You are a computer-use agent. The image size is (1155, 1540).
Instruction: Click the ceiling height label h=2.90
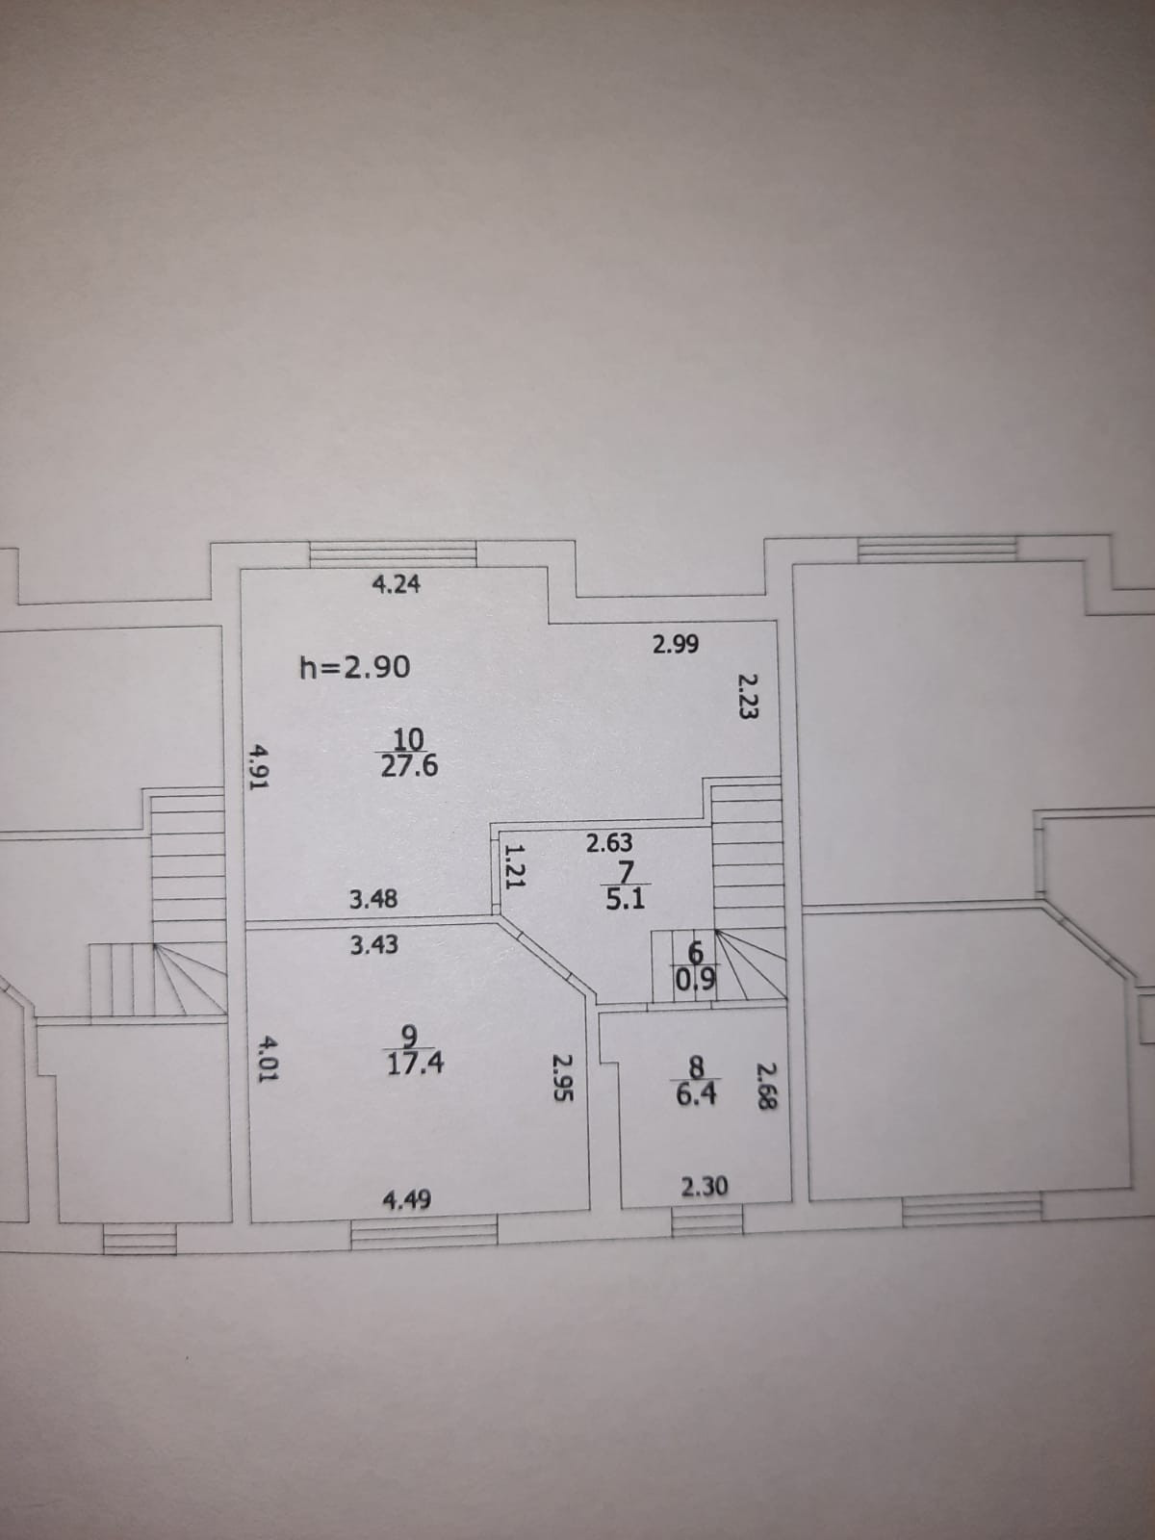tap(355, 666)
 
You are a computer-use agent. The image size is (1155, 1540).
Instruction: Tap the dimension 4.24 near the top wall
tap(396, 584)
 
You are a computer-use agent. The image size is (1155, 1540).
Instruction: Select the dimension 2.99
tap(676, 645)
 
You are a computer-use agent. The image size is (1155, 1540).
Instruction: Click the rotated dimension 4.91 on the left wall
tap(258, 765)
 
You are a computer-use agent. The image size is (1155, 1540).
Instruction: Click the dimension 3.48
tap(373, 900)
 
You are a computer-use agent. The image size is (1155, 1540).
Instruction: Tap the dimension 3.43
tap(373, 945)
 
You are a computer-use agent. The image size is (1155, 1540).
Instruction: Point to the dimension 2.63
tap(610, 843)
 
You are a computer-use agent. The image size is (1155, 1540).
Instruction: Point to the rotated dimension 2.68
tap(766, 1086)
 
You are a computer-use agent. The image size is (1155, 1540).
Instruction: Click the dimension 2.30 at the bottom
tap(705, 1187)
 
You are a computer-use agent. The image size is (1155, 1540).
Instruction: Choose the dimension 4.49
tap(407, 1199)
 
